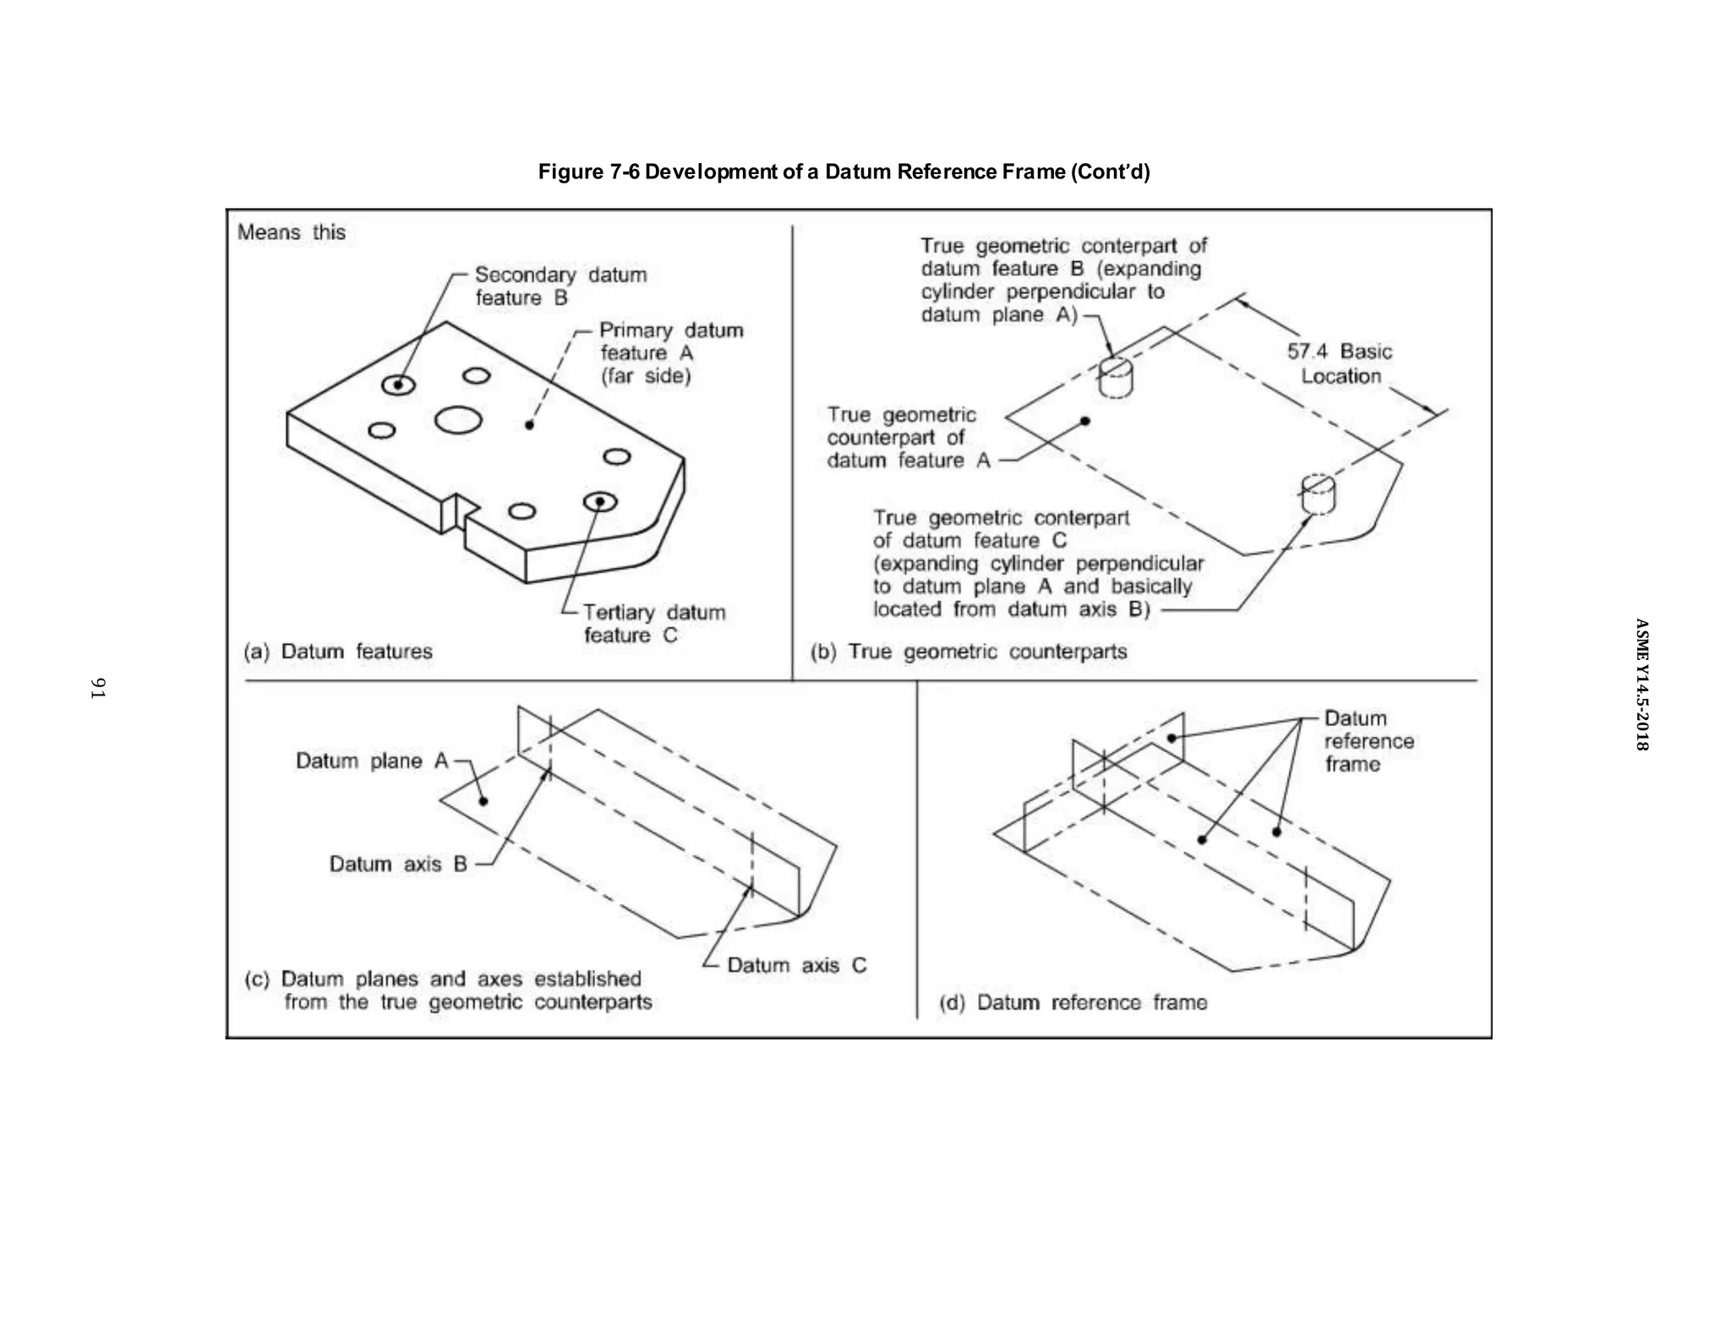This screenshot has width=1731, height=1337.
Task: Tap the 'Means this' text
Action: (x=291, y=232)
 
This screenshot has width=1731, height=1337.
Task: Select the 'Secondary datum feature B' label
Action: (x=560, y=286)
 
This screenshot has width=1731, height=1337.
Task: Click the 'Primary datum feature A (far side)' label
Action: (x=669, y=352)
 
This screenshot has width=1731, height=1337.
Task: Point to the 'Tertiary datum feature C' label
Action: (x=653, y=624)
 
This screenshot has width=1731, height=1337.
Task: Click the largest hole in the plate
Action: (x=458, y=420)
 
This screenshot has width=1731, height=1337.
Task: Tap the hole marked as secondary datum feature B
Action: (x=398, y=385)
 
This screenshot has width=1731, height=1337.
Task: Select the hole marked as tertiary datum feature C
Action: (x=600, y=502)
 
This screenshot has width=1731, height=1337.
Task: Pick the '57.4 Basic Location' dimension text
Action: (x=1340, y=363)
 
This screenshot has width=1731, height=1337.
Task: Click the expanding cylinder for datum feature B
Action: (x=1116, y=377)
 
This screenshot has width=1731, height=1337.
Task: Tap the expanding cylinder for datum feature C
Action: (x=1318, y=494)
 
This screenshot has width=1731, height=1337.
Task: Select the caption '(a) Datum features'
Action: (x=338, y=652)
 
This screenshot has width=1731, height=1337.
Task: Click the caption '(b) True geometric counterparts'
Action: (x=969, y=652)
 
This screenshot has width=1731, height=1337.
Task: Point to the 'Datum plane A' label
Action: (x=371, y=761)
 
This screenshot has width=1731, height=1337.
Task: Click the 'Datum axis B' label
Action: (x=398, y=864)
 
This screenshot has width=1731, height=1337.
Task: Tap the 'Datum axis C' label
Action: (x=796, y=965)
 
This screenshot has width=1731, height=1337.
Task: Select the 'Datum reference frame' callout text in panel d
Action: (x=1367, y=741)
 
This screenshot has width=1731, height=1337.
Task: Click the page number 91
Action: (x=98, y=688)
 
